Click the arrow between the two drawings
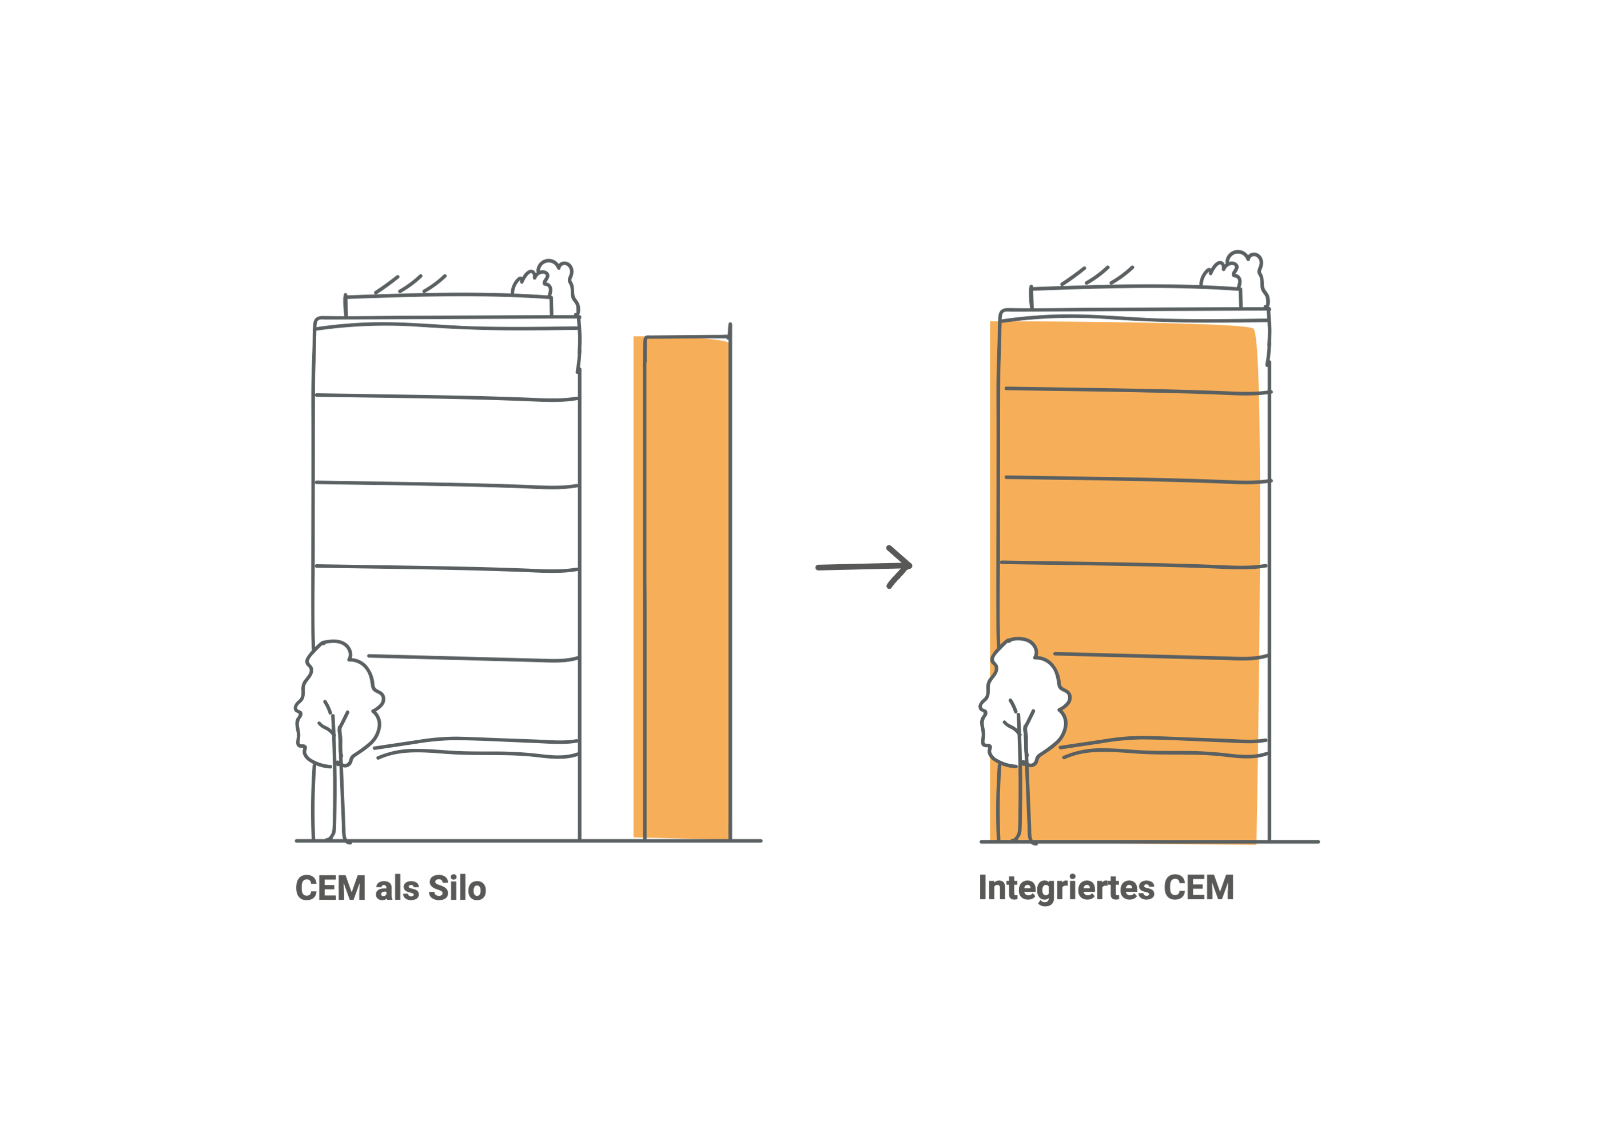(863, 567)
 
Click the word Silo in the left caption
(457, 888)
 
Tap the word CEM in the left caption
(331, 888)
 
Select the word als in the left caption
(396, 888)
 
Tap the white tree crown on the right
(1024, 699)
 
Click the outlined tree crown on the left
(339, 699)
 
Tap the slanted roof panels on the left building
(411, 284)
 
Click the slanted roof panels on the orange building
(1097, 276)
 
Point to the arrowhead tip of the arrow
(910, 565)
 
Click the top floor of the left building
(445, 362)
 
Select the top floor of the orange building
(1132, 356)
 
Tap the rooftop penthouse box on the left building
(447, 306)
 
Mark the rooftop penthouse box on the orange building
(1135, 297)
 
